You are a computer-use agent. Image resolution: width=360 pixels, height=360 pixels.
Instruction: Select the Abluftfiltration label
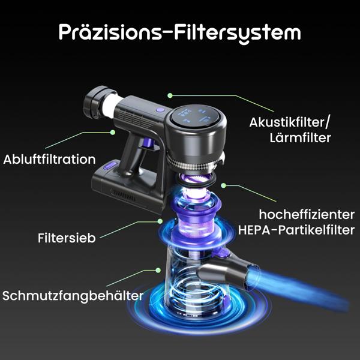(x=49, y=160)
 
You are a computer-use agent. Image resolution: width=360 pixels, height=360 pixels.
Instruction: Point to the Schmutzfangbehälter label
(x=73, y=296)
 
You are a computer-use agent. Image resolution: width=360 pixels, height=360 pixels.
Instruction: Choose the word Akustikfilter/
(x=289, y=122)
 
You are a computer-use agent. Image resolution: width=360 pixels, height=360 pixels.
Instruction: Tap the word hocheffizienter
(x=306, y=214)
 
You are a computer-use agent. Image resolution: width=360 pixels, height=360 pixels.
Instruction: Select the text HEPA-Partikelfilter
(x=296, y=230)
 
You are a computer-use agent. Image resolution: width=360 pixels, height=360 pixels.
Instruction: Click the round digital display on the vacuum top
(x=197, y=115)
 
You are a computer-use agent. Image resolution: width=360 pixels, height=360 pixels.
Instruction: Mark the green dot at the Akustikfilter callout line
(x=170, y=95)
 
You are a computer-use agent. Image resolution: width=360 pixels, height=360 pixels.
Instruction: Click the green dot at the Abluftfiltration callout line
(x=112, y=131)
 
